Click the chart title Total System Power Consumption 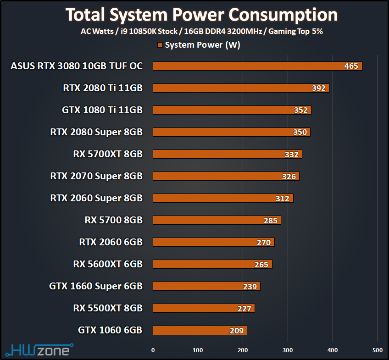click(202, 15)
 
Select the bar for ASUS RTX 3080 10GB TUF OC click(257, 66)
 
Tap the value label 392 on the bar click(318, 88)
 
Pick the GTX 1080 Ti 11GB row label click(102, 110)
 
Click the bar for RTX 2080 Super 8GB click(231, 132)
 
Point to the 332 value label click(291, 154)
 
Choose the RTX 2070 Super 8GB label click(96, 176)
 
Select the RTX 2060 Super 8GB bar click(222, 198)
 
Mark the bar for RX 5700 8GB click(217, 220)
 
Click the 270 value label click(264, 242)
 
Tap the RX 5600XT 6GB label click(108, 264)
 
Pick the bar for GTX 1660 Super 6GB click(206, 286)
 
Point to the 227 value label click(245, 308)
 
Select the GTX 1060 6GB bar click(200, 330)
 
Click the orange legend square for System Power click(160, 45)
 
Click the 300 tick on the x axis click(288, 350)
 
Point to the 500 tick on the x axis click(378, 350)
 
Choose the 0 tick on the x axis click(153, 350)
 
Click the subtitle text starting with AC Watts click(202, 32)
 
